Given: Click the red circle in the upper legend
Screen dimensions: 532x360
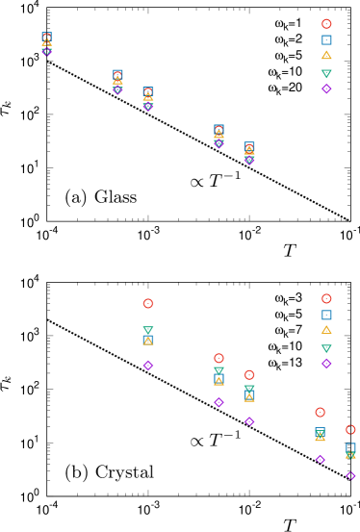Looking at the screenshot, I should [x=326, y=24].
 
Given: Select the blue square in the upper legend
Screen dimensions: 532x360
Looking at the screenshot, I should [x=326, y=40].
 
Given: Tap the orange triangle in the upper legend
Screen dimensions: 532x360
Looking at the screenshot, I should [x=326, y=56].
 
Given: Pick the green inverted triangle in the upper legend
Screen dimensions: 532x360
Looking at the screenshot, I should [x=326, y=73].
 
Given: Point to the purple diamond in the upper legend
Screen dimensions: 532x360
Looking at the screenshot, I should [x=326, y=89].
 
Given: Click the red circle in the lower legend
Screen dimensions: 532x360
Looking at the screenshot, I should [x=326, y=299].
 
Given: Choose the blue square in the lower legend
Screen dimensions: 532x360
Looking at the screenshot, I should [x=326, y=315].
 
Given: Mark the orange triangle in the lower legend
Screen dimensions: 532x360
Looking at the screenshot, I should [x=326, y=330].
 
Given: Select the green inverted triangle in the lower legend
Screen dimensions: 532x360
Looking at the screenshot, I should [x=326, y=348].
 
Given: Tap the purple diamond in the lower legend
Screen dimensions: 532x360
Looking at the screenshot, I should [x=326, y=364].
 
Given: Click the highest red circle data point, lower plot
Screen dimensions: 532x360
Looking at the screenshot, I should [x=148, y=304].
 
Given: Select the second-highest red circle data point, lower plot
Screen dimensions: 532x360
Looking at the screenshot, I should [x=219, y=359].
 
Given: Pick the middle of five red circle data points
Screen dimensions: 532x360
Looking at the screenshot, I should [x=249, y=375].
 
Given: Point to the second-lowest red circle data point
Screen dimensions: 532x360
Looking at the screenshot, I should [x=320, y=413].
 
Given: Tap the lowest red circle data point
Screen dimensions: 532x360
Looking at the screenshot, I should [x=350, y=430].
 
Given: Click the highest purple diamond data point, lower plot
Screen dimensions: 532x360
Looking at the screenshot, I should [x=148, y=366].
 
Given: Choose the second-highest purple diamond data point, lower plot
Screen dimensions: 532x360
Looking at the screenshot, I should [x=219, y=403].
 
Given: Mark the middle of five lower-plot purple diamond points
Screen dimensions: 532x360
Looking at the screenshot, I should [x=249, y=421].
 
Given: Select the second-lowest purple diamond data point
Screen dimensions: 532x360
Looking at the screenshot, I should [x=320, y=459].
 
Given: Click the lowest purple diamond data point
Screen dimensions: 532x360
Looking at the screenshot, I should [x=350, y=475].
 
